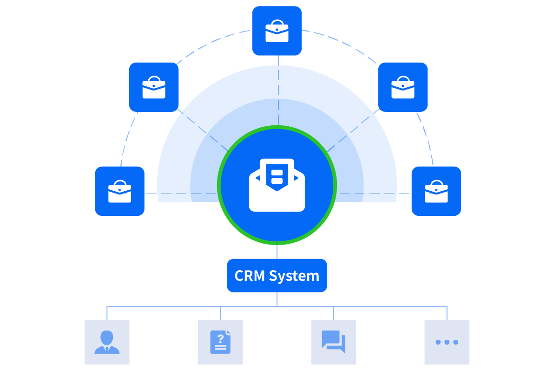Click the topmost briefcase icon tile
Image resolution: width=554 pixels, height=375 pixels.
tap(277, 31)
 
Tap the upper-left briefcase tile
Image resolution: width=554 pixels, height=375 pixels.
tap(154, 87)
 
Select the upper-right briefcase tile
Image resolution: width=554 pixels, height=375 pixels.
tap(402, 87)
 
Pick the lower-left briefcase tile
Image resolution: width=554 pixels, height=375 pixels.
tap(119, 191)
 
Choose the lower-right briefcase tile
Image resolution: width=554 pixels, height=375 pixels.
tap(436, 191)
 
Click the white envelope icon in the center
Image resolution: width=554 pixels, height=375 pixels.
tap(277, 186)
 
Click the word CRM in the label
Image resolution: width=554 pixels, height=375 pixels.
tap(250, 276)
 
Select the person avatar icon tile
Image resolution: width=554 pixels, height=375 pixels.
tap(107, 342)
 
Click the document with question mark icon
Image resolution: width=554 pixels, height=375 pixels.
tap(220, 342)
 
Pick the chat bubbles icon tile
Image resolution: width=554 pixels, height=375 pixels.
tap(333, 342)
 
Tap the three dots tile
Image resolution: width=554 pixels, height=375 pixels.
tap(447, 342)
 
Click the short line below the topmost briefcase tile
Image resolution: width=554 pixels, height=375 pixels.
tap(277, 61)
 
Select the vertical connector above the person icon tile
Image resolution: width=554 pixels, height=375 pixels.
tap(107, 313)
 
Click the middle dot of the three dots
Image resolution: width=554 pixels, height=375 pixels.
tap(447, 342)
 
